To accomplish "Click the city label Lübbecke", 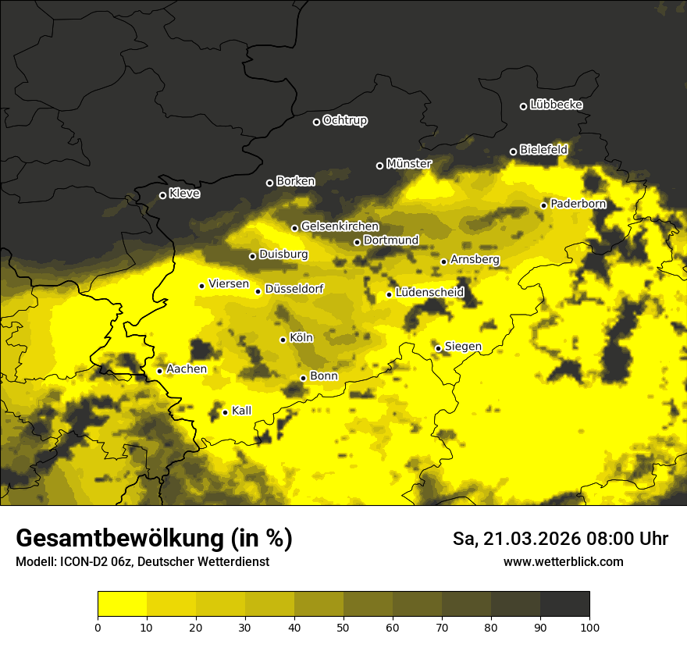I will (556, 105).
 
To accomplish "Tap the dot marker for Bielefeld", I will (513, 151).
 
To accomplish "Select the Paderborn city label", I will (578, 204).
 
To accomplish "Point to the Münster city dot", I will (379, 166).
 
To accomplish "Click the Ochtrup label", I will (344, 120).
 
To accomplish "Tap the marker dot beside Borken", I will (269, 183).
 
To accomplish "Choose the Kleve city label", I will (184, 193).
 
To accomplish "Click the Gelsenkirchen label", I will (340, 226).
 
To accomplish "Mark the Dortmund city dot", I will (357, 242).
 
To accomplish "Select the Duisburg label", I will (283, 255).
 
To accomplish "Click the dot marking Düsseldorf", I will (258, 291).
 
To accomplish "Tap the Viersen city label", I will (229, 284).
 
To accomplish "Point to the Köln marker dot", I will (283, 340).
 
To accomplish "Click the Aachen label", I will (187, 369).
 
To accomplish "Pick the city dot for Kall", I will (225, 412).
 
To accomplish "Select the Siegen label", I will (463, 347).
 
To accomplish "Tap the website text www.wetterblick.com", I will (563, 561).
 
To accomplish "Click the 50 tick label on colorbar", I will (343, 626).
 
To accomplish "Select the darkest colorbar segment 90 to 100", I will (564, 604).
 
